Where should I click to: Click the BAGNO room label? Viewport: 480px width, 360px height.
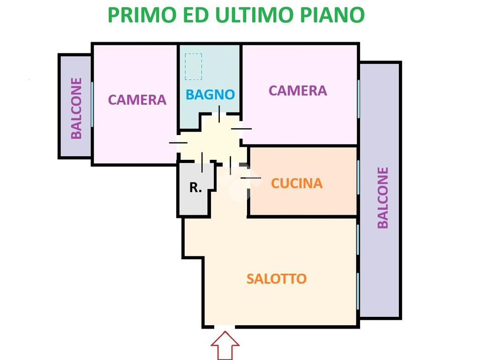(x=210, y=94)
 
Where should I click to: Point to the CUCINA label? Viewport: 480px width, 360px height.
(x=297, y=183)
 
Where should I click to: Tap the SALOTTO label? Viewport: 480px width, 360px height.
(x=277, y=279)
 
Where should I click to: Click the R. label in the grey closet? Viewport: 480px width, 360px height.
(x=195, y=188)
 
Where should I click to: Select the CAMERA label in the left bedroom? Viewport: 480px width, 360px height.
(x=137, y=100)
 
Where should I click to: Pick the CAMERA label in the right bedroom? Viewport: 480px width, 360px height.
(x=297, y=90)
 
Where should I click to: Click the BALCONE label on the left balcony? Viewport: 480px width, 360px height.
(x=76, y=108)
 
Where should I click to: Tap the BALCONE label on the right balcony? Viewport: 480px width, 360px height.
(x=383, y=197)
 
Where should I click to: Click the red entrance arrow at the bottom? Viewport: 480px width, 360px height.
(x=225, y=345)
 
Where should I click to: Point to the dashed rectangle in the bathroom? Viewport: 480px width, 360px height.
(x=193, y=67)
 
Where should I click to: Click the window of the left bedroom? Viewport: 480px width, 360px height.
(x=92, y=104)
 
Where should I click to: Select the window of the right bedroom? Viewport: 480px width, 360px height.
(x=359, y=98)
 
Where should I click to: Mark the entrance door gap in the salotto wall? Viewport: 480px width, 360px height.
(x=225, y=326)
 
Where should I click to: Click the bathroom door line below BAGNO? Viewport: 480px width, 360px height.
(x=219, y=114)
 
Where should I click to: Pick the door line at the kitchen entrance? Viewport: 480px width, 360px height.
(x=250, y=178)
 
